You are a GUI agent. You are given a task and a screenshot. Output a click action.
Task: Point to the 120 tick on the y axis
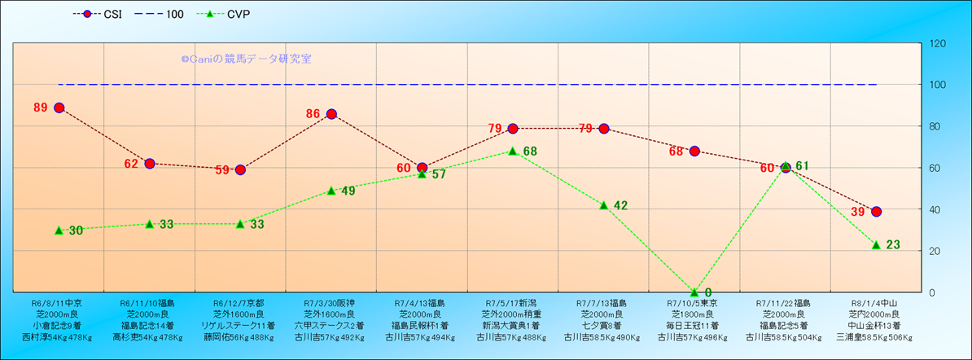[937, 43]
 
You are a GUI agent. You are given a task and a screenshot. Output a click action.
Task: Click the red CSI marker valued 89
[59, 108]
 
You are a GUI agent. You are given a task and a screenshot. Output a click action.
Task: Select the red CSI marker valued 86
[331, 114]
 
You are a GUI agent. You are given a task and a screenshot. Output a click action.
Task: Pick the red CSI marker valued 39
[876, 212]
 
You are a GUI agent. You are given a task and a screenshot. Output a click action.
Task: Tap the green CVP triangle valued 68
[513, 151]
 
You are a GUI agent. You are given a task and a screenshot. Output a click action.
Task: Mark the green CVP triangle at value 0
[694, 292]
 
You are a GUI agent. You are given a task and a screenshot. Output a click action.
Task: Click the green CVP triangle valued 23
[876, 244]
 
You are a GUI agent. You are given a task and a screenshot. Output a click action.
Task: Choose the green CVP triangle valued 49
[331, 191]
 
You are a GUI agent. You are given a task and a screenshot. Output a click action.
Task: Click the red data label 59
[223, 170]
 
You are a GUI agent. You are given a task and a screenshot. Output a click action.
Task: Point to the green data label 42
[620, 205]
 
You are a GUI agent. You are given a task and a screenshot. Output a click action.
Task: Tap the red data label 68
[676, 151]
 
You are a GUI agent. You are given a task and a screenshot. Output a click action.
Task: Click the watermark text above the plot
[246, 59]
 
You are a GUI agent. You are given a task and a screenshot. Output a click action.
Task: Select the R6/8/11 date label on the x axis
[59, 302]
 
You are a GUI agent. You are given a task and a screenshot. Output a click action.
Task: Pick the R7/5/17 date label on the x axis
[513, 302]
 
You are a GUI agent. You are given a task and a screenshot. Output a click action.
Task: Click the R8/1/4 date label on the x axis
[876, 302]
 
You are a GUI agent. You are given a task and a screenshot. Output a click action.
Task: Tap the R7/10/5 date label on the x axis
[694, 302]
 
